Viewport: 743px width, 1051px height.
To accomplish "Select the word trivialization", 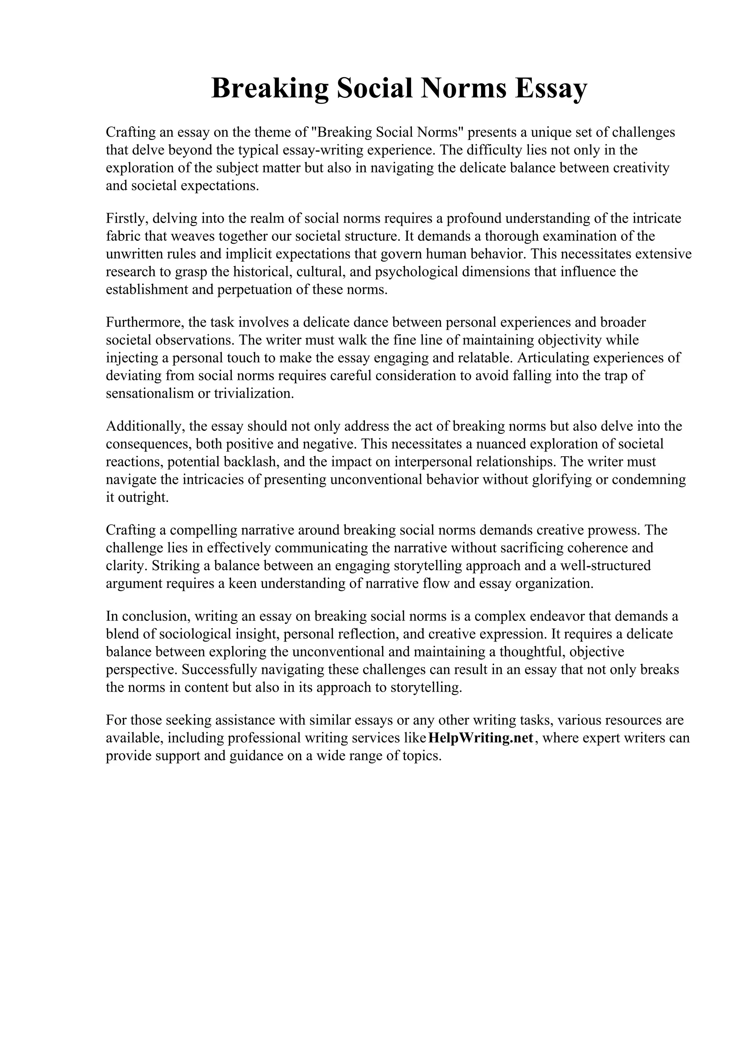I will click(254, 393).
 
